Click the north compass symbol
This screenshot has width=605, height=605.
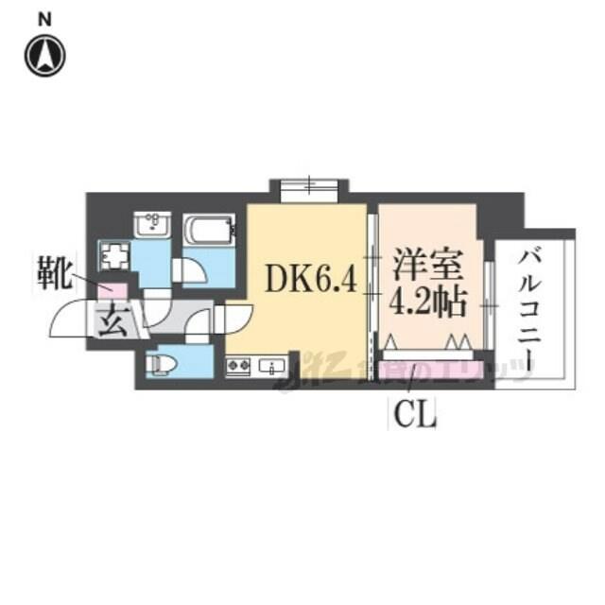[44, 56]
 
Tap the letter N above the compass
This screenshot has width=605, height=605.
[44, 18]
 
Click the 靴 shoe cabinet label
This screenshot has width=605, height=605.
[54, 273]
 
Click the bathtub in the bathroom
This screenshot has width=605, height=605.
[208, 232]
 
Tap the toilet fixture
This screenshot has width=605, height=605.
[164, 363]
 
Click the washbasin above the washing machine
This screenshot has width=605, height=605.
[150, 224]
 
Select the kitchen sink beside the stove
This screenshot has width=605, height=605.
[273, 365]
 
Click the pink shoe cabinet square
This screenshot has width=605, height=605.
[114, 291]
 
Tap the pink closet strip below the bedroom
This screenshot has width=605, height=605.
[430, 368]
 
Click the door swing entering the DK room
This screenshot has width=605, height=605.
[234, 317]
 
